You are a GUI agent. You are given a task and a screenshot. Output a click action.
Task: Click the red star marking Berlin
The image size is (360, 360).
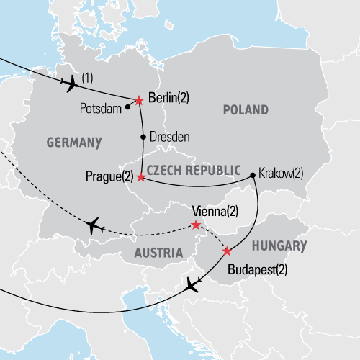pos(139,100)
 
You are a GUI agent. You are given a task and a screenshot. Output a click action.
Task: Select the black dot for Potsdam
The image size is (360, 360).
pos(128,107)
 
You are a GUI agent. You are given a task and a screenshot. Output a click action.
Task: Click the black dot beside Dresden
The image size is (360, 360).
pos(143,136)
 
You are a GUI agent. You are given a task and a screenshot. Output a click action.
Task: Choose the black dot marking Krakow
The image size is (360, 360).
pos(253,174)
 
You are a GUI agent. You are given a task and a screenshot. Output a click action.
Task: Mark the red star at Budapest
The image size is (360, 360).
pos(228,251)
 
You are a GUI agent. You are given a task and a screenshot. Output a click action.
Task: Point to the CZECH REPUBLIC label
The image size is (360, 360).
pos(192,169)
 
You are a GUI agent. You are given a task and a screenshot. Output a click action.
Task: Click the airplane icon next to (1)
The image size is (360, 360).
pos(72,85)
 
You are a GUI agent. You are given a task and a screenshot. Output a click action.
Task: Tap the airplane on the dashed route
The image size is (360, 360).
pos(92,226)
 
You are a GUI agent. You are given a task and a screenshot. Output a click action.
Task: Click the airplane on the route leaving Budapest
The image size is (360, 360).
pos(192,285)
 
